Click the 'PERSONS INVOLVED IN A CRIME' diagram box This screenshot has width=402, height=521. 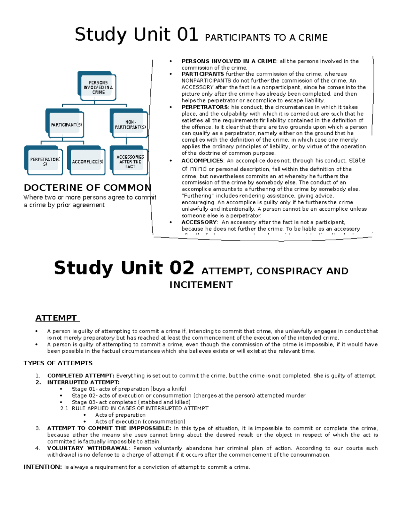(x=98, y=87)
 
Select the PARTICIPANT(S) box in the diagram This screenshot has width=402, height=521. (x=66, y=125)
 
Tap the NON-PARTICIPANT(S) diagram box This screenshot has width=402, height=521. (x=130, y=125)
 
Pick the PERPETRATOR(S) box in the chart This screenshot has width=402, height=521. (x=45, y=162)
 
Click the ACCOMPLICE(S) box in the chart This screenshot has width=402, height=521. (x=87, y=162)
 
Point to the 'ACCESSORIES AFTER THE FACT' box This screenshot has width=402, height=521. (x=130, y=162)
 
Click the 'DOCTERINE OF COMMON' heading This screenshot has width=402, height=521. (x=87, y=188)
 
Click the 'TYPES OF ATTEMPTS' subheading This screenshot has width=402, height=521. (x=58, y=363)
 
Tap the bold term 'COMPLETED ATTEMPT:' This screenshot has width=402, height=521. (x=81, y=376)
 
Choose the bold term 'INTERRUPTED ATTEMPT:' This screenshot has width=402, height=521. (x=83, y=382)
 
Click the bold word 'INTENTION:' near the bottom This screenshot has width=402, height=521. (x=43, y=467)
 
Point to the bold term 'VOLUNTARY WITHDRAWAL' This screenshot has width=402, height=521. (x=87, y=448)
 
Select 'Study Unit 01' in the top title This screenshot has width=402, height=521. (x=136, y=35)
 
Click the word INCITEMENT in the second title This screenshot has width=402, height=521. (x=201, y=285)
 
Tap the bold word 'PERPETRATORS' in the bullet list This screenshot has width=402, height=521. (x=204, y=107)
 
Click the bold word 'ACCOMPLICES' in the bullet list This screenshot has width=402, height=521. (x=202, y=161)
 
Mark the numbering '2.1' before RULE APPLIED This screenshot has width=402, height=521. (x=64, y=409)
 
